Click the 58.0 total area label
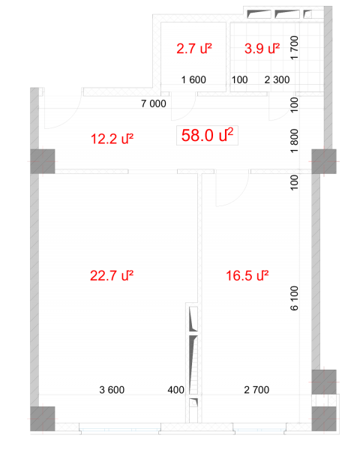tap(207, 135)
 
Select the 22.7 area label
tap(112, 275)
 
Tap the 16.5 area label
tap(247, 275)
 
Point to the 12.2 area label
tap(112, 139)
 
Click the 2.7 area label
tap(194, 48)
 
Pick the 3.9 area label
tap(262, 48)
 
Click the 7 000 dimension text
tap(154, 103)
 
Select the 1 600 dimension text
tap(193, 79)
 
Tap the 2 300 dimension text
tap(277, 79)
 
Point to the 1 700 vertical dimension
tap(295, 48)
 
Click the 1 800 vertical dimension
tap(295, 141)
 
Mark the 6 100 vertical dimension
tap(295, 298)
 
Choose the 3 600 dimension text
tap(112, 390)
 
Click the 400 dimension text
tap(176, 390)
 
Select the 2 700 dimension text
tap(256, 390)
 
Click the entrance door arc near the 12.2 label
tap(71, 118)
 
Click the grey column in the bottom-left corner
tap(43, 418)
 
